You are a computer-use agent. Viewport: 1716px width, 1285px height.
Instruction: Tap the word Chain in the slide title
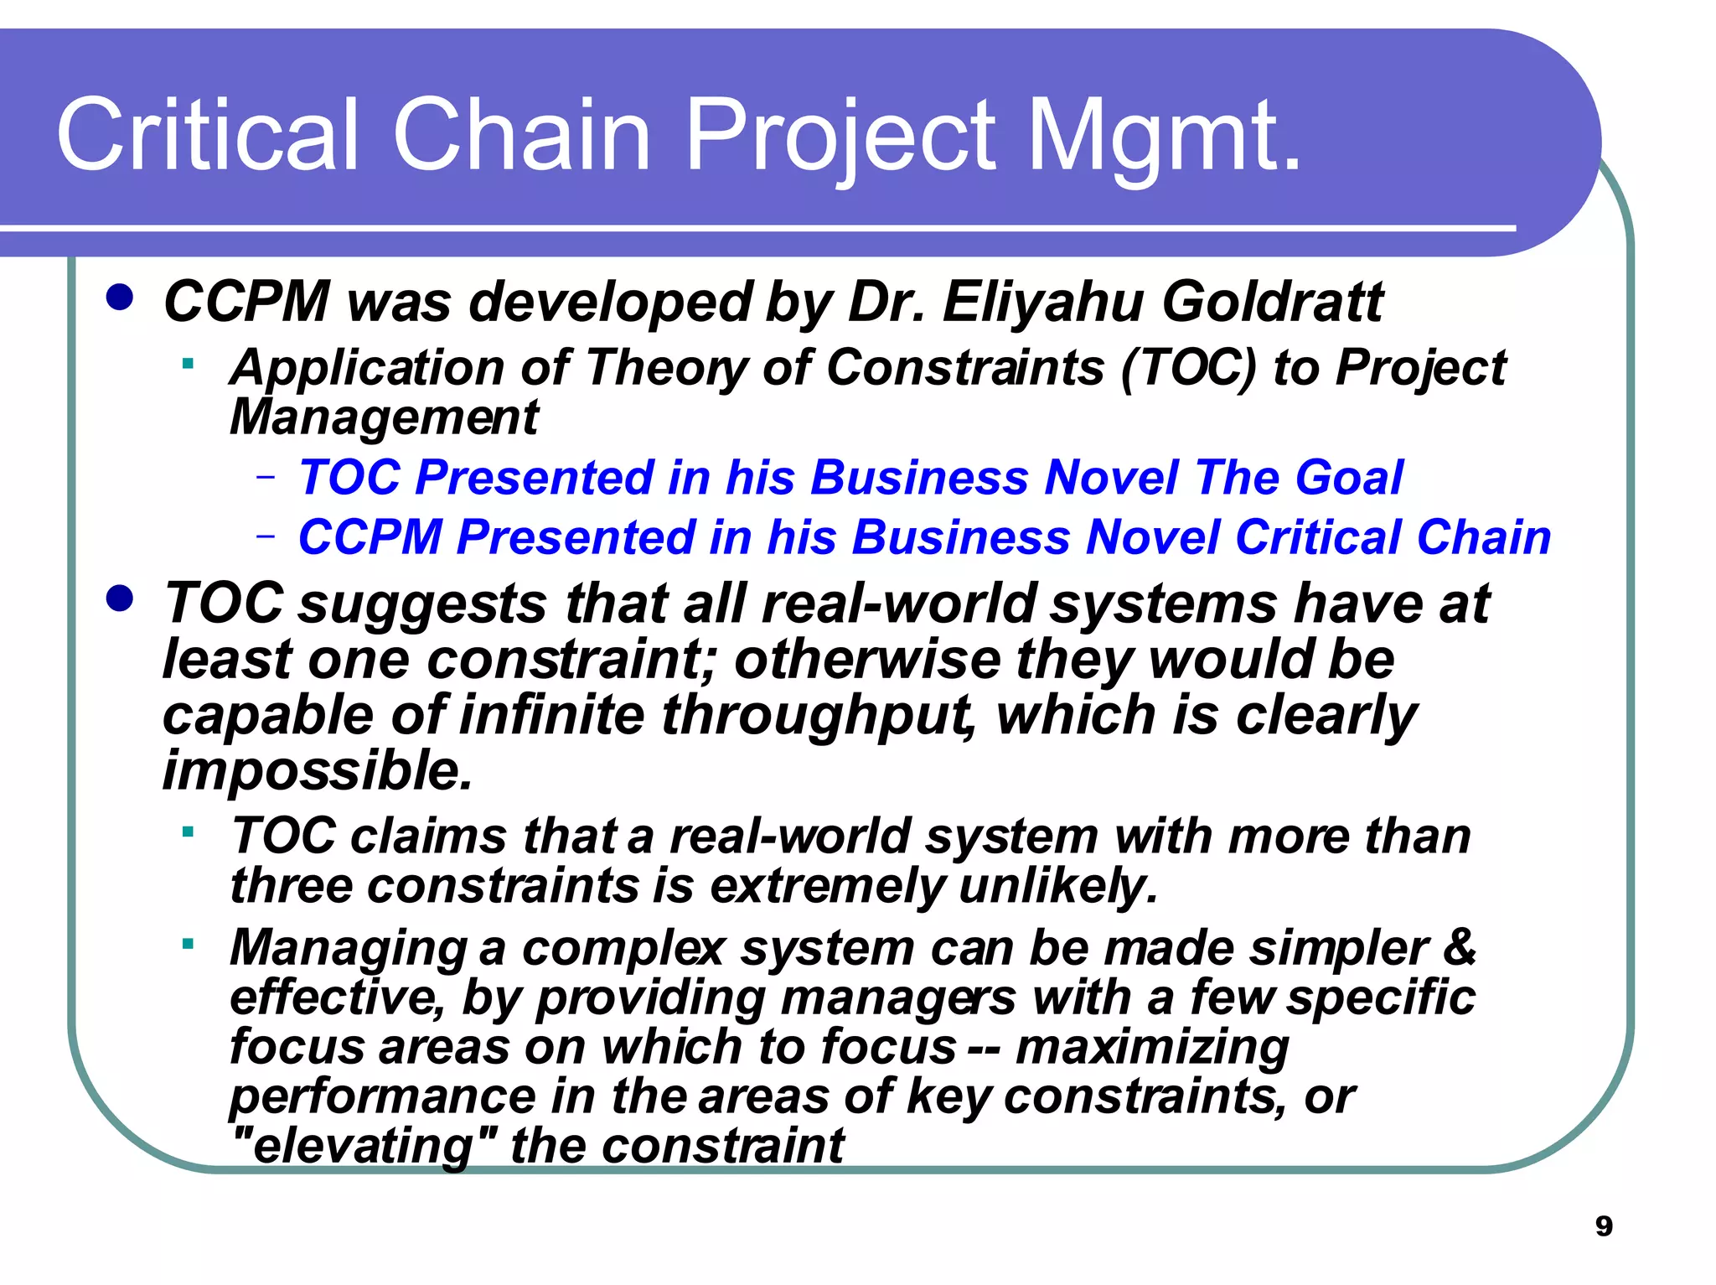521,134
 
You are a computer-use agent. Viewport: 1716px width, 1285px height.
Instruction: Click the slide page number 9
1604,1226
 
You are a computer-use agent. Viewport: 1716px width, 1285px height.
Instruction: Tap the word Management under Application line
384,417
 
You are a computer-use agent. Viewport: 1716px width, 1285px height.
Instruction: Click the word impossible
317,770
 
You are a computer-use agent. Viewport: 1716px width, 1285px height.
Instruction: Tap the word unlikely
1057,886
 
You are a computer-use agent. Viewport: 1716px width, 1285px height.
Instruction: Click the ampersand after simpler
1459,947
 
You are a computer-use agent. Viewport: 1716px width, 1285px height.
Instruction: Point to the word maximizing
1152,1047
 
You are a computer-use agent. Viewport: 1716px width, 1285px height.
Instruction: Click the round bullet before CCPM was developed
120,298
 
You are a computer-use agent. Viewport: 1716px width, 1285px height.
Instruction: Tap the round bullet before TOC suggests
120,599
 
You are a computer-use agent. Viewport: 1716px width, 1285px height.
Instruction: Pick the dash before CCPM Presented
266,536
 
